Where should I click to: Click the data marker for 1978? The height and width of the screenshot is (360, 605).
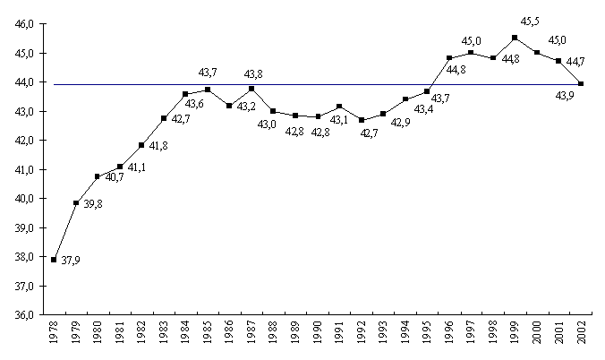pos(55,260)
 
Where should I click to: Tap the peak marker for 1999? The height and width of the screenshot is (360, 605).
pos(515,38)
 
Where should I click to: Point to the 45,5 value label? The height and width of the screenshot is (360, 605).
pos(530,21)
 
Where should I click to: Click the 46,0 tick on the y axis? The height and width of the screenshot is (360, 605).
pos(24,24)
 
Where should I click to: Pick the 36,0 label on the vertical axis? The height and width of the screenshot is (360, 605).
pos(24,315)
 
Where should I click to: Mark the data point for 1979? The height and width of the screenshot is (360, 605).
pos(76,203)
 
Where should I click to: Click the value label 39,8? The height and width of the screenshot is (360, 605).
pos(93,205)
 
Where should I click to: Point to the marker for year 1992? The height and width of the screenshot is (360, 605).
pos(361,120)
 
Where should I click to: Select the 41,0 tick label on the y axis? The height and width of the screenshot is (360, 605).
pos(24,170)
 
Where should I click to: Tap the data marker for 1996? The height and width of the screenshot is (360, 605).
pos(448,58)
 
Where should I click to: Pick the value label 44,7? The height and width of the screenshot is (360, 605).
pos(577,62)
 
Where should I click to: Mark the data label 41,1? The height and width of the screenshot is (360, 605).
pos(137,167)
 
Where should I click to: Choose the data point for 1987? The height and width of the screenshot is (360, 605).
pos(251,88)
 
